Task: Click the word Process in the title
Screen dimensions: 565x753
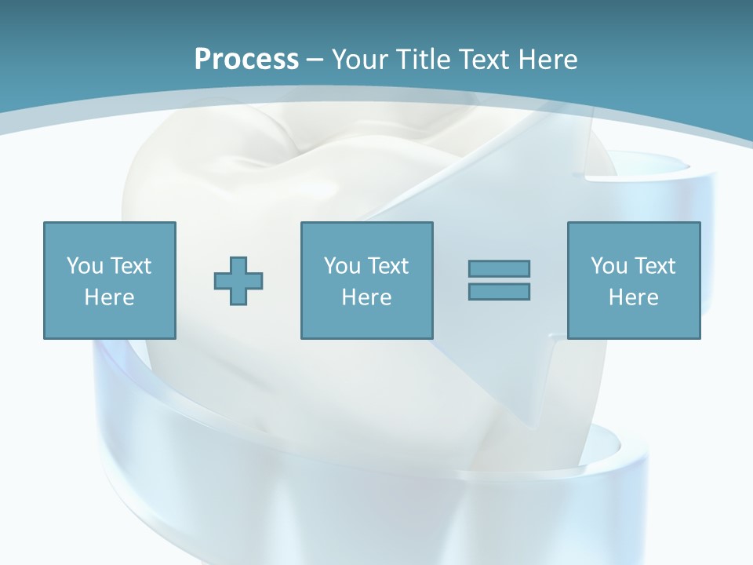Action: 246,59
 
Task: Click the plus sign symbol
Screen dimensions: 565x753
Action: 238,281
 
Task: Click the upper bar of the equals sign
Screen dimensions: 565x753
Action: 499,268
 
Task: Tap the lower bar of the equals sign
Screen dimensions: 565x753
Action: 499,291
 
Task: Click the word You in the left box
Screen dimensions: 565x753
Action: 85,266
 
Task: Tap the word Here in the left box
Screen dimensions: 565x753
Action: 110,297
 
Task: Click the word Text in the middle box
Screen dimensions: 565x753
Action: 387,266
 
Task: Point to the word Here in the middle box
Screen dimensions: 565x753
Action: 367,297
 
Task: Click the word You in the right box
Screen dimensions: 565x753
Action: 609,266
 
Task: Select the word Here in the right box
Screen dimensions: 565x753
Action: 634,297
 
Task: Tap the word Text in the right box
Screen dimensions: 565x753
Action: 654,266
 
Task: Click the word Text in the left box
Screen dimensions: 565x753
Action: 130,266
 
